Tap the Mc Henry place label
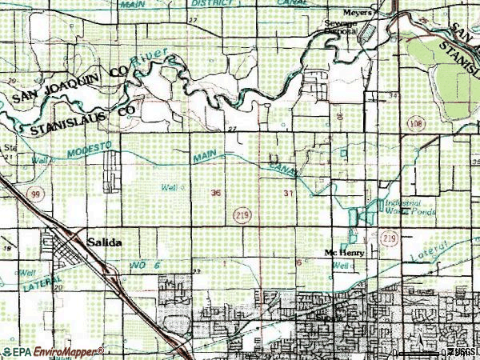coord(344,254)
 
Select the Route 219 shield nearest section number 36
coord(242,214)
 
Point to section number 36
coord(217,193)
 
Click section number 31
coord(288,194)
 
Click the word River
coord(152,59)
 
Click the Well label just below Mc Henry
coord(342,266)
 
